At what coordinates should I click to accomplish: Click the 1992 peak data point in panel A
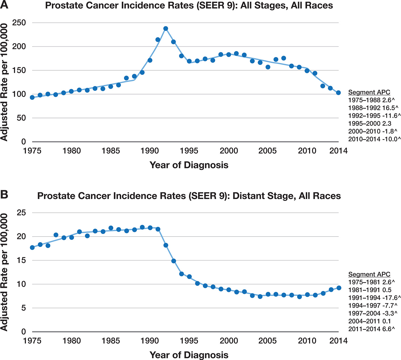[166, 28]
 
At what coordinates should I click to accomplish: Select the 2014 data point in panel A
[338, 93]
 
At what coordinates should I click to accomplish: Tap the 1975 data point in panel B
[32, 247]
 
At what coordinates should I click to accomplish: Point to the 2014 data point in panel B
[339, 288]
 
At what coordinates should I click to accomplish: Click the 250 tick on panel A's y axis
[20, 23]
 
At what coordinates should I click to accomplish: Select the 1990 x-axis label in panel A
[150, 150]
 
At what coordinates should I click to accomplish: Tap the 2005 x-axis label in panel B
[267, 340]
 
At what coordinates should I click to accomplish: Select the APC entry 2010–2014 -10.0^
[374, 139]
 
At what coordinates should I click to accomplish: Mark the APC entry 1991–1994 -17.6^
[374, 298]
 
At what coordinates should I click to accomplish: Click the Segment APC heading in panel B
[369, 274]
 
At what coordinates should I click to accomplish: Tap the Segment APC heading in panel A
[369, 92]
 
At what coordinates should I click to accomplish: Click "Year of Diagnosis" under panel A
[189, 165]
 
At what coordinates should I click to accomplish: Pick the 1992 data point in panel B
[166, 245]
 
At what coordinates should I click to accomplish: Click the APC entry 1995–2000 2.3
[370, 124]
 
